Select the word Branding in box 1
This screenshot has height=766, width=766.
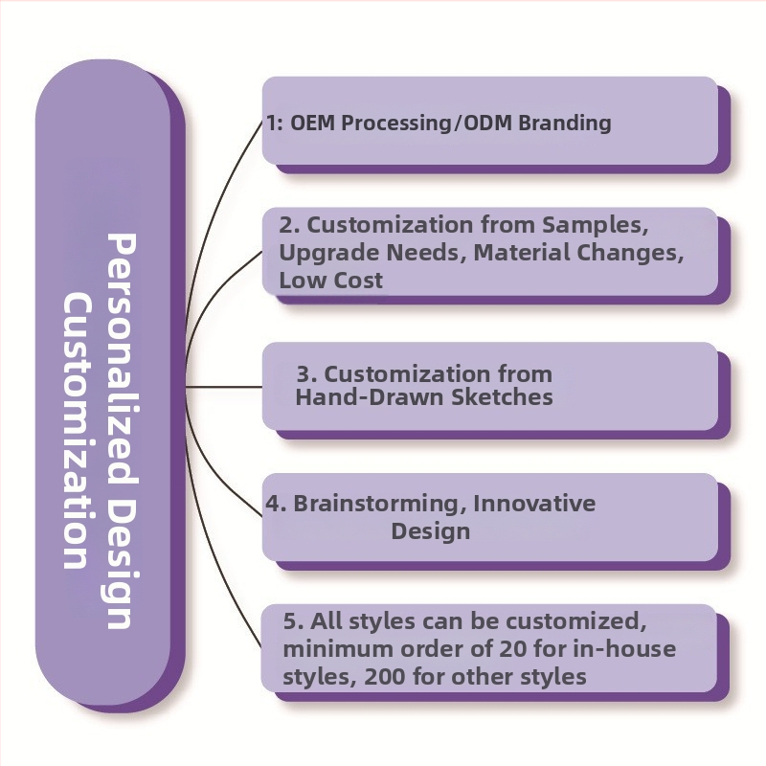coord(565,123)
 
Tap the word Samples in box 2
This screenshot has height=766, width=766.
coord(596,225)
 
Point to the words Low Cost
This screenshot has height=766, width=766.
coord(330,281)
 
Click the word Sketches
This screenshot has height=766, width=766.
coord(502,396)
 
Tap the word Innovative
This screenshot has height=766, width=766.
coord(534,504)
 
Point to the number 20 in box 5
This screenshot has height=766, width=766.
coord(513,649)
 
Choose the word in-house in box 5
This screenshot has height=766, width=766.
coord(624,649)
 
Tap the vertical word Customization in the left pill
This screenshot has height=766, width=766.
coord(78,431)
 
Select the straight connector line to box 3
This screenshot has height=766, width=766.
coord(224,387)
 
